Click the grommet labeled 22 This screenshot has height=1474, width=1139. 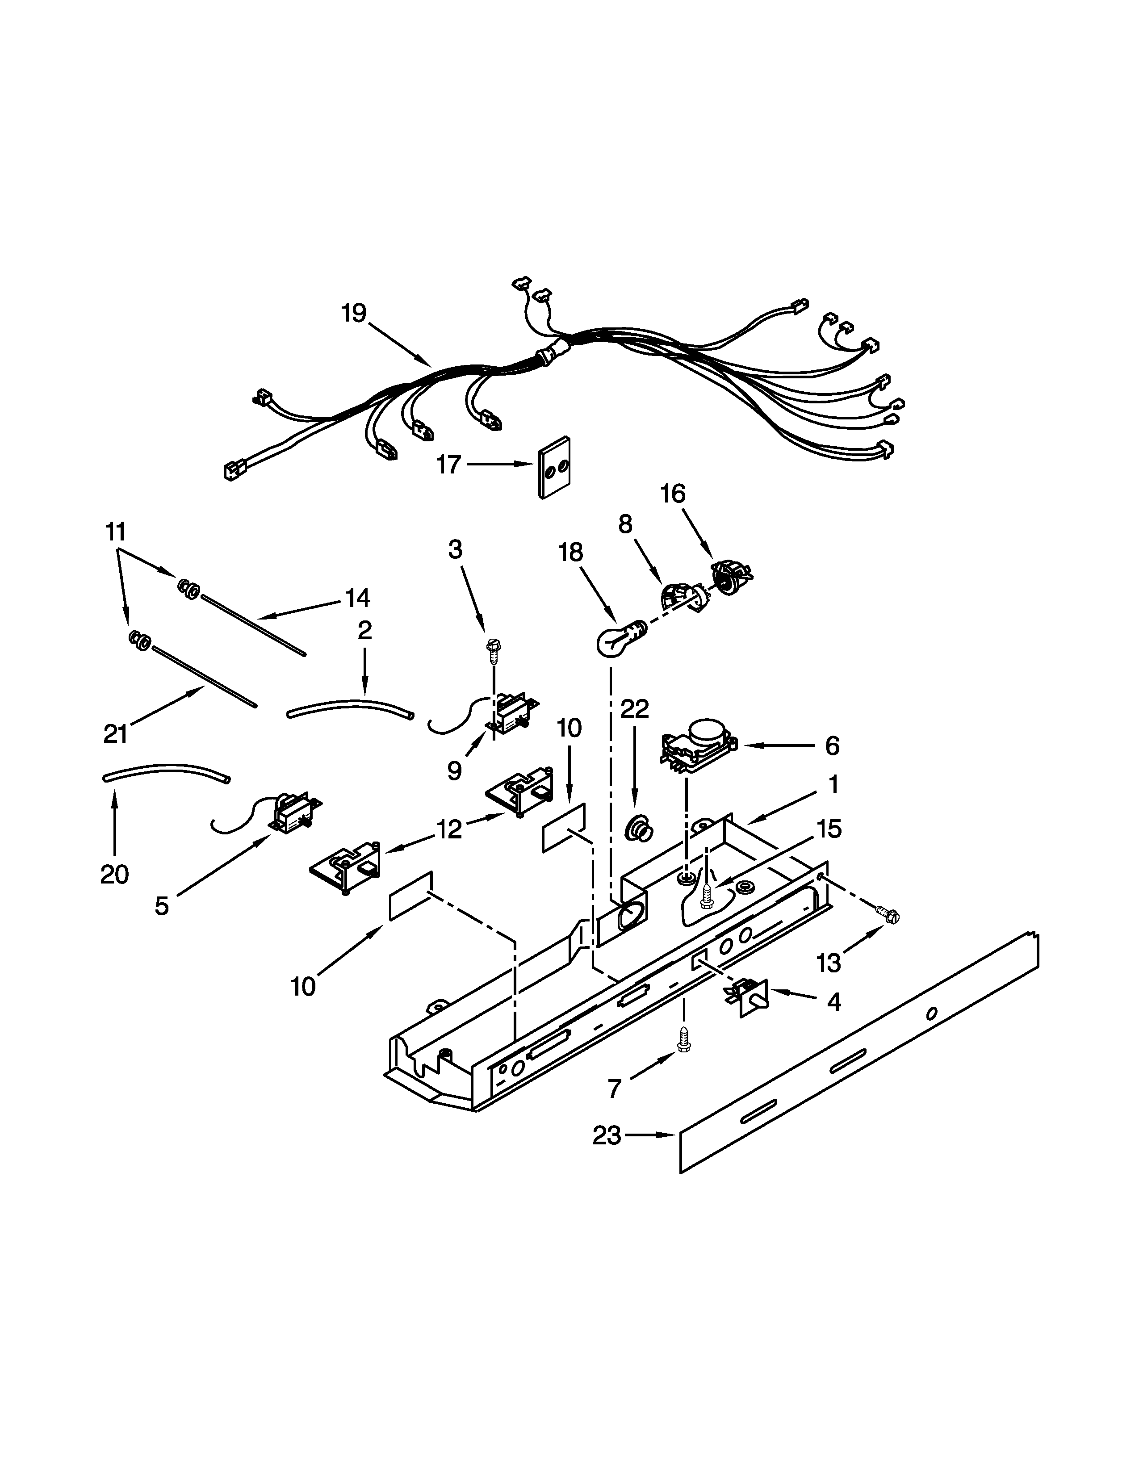(x=638, y=828)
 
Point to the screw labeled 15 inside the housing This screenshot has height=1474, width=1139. (x=707, y=896)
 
